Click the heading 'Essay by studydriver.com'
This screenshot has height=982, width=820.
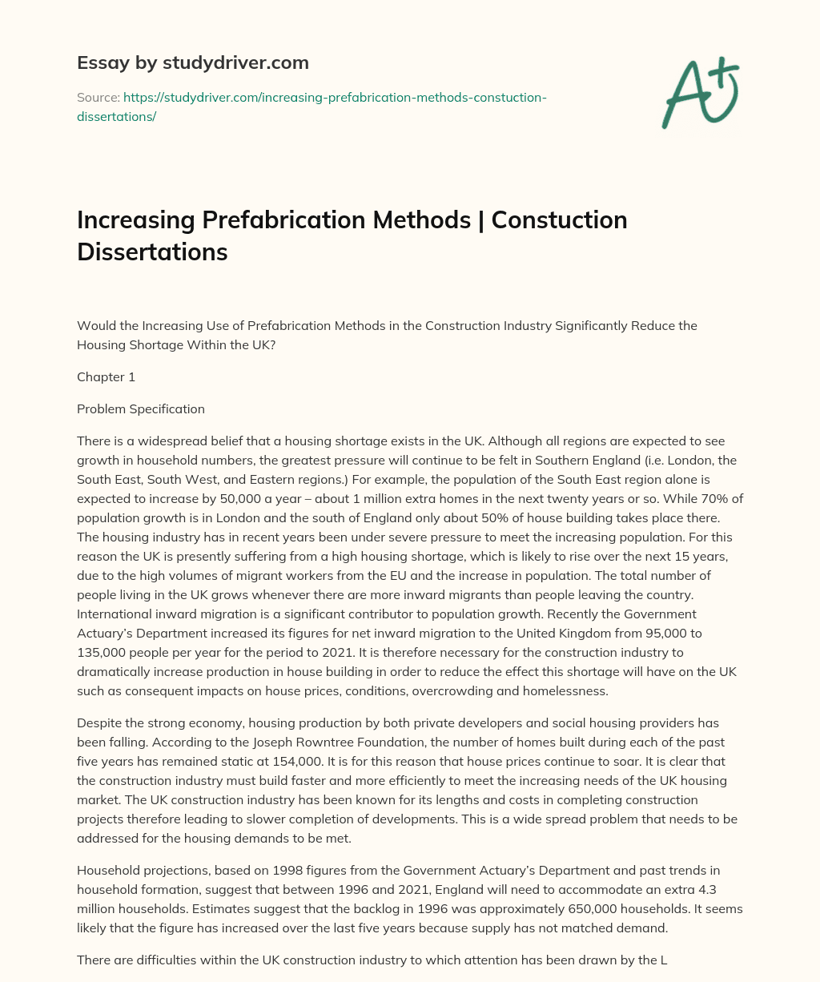click(x=192, y=62)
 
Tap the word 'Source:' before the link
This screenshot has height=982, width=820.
click(x=98, y=98)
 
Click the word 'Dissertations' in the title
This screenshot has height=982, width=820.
click(x=152, y=252)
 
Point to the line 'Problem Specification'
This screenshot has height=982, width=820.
click(x=141, y=408)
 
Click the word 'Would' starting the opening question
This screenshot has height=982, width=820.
click(x=94, y=325)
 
